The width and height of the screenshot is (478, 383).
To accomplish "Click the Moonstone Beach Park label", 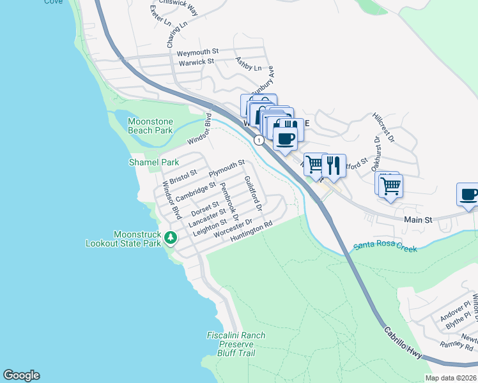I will pos(151,126).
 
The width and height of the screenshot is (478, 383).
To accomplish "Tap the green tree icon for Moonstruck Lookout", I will pos(170,238).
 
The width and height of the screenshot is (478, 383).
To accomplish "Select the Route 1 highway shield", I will pos(259,139).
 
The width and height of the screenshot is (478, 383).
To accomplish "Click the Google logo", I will pos(21,375).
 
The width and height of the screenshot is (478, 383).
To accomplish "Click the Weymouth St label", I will pos(198,51).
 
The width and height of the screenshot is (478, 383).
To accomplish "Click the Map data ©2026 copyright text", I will pos(451,377).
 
